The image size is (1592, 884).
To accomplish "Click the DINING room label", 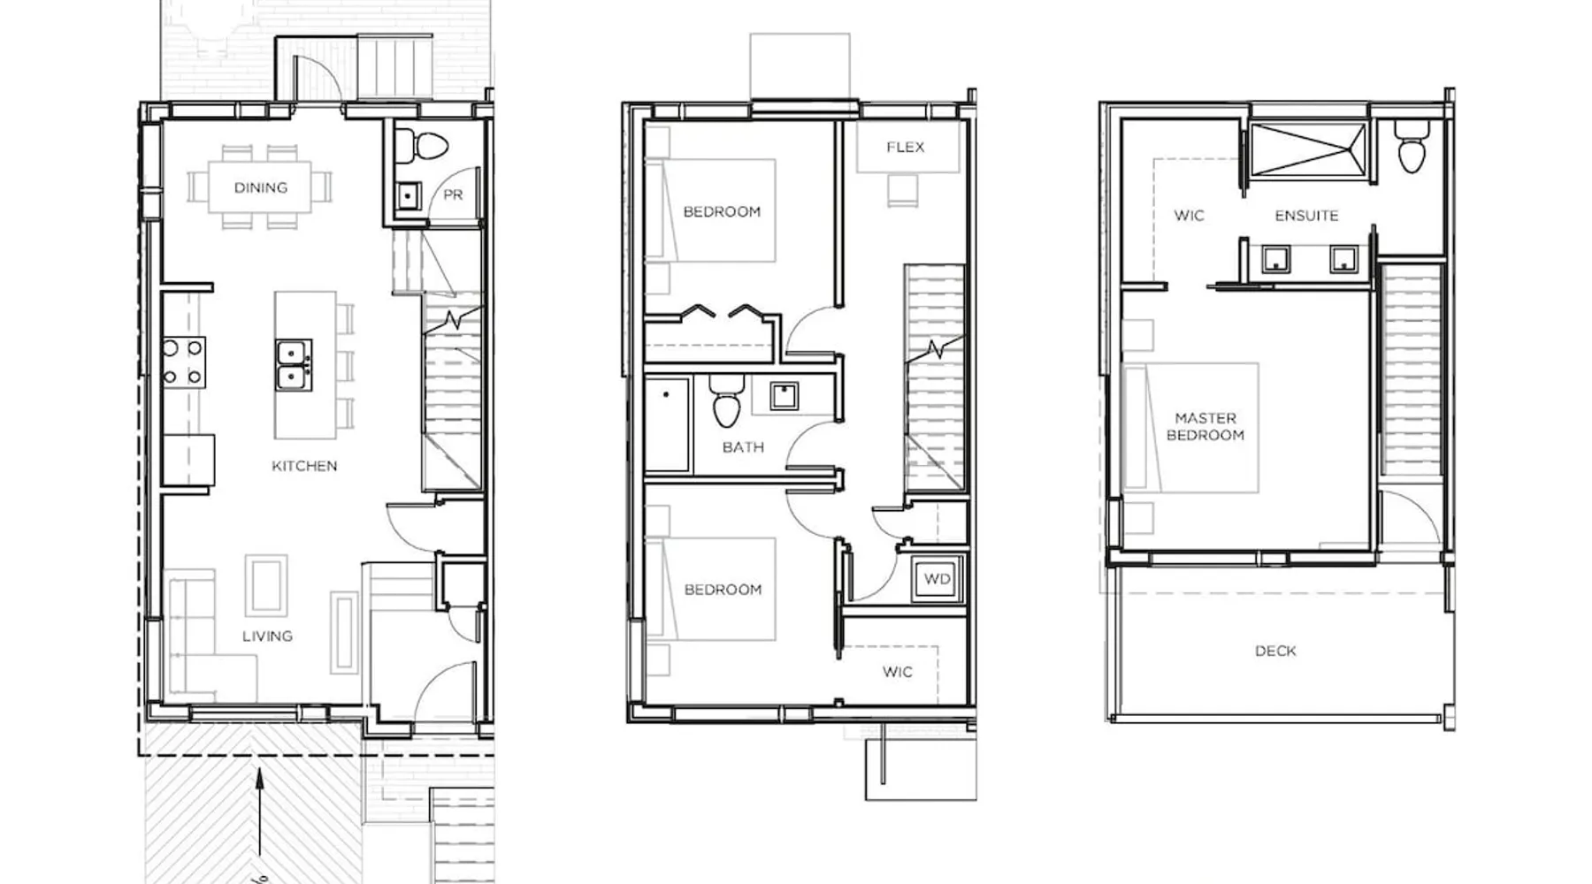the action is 261,187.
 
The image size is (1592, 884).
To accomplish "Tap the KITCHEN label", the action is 304,466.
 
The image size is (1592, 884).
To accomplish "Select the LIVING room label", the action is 267,636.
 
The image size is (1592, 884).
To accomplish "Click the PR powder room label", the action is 453,194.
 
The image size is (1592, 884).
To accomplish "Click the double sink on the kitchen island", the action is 293,365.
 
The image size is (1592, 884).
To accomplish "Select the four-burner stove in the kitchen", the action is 183,362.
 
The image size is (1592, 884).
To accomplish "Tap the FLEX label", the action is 906,147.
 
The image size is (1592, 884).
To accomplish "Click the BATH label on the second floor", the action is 743,447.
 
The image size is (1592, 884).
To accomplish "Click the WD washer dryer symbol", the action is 938,580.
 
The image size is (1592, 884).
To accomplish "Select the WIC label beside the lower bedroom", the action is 898,672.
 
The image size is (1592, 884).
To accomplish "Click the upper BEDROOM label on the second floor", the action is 722,211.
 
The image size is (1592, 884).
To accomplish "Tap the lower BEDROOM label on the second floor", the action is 723,590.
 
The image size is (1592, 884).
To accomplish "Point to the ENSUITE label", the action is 1306,216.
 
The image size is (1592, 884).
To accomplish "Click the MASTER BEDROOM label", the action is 1205,426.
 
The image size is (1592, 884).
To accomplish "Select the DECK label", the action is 1275,651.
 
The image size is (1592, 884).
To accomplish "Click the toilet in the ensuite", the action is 1412,147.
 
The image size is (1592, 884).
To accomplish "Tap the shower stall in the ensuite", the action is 1307,151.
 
